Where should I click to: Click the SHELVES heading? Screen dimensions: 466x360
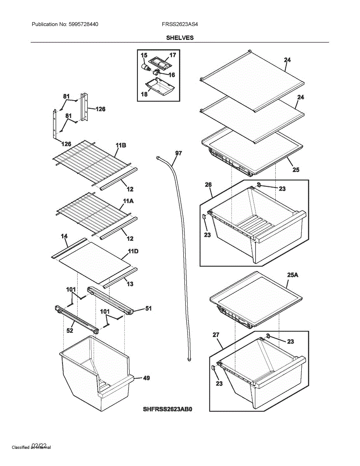pos(180,38)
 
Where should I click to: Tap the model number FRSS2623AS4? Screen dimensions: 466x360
pos(181,24)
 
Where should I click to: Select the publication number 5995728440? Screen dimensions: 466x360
pos(83,24)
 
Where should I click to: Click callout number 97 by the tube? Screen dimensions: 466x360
pos(178,153)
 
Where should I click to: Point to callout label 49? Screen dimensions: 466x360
pos(146,378)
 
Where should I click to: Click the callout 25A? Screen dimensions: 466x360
pos(292,275)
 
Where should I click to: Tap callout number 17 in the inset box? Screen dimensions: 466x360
pos(173,55)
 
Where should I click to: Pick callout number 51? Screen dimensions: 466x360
pos(148,309)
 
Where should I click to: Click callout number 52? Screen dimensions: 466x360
pos(70,331)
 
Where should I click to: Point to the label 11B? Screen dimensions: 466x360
pos(121,145)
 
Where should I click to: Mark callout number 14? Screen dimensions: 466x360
pos(64,236)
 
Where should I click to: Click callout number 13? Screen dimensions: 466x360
pos(130,284)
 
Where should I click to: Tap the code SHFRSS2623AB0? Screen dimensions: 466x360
pos(168,409)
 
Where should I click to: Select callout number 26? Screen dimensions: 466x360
pos(209,184)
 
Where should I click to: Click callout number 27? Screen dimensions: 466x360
pos(216,334)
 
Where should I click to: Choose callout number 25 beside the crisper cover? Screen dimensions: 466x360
pos(296,170)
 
